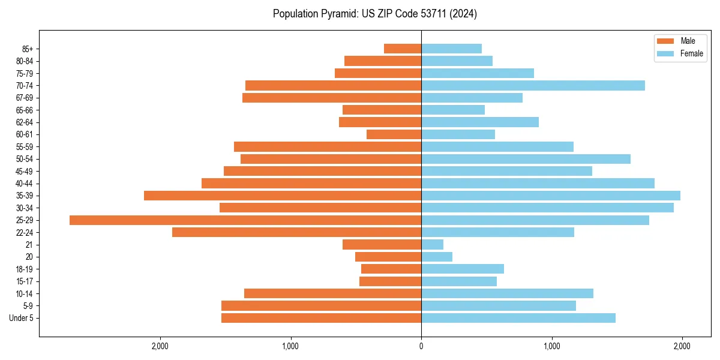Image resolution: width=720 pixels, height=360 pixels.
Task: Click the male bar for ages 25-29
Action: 245,220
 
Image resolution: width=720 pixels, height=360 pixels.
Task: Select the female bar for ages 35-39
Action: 551,196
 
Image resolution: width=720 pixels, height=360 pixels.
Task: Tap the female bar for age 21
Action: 432,245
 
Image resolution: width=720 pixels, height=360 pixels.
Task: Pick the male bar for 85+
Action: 403,49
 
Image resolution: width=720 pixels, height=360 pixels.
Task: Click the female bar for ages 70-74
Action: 533,86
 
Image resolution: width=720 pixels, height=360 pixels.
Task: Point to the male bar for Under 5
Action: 321,318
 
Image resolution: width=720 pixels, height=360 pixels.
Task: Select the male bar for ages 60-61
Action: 394,134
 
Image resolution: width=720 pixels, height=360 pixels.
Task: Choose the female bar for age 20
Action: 437,257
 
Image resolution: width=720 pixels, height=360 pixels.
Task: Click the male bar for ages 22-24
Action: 296,232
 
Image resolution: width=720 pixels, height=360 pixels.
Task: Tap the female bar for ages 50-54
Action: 526,159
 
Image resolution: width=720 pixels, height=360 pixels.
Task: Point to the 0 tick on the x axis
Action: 421,346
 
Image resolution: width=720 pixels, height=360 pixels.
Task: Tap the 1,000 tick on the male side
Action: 290,346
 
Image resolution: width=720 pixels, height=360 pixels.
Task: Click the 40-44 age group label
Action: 25,184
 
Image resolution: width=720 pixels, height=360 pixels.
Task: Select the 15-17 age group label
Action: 25,281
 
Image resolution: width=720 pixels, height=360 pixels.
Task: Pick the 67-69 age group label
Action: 25,98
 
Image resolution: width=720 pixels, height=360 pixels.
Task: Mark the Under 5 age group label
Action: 22,318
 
